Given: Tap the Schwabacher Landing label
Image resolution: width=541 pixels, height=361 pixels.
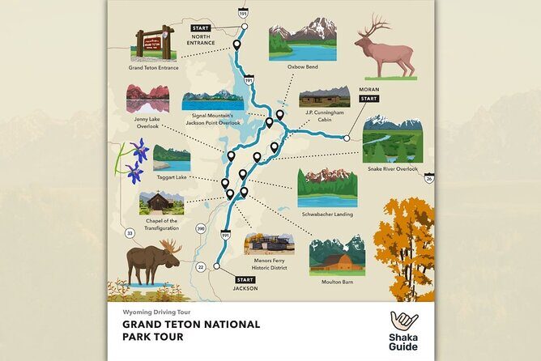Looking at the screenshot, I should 327,214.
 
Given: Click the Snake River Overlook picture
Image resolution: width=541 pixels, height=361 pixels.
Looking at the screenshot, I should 392,139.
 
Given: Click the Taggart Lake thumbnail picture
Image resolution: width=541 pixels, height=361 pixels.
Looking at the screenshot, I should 172,158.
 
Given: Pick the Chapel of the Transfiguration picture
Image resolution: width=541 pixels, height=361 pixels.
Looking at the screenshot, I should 161,202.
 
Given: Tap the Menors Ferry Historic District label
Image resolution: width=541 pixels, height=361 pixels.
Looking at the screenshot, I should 269,262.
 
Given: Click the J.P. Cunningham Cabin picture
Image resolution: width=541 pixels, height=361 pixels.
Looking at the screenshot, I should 324,96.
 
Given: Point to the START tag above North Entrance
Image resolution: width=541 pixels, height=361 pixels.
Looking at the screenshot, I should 200,28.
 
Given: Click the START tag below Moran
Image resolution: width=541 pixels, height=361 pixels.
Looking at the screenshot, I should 368,99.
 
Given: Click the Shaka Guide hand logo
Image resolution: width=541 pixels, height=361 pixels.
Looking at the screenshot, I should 404,323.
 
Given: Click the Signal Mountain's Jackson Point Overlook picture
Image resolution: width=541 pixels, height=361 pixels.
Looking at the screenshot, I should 212,100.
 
